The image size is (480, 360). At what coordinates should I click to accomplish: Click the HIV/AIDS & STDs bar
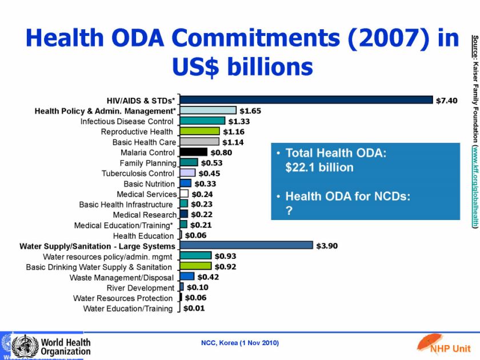(306, 100)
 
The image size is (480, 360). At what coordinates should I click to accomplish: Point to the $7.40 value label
(447, 100)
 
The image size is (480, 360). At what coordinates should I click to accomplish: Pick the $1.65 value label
(250, 110)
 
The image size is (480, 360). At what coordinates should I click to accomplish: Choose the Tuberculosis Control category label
(138, 173)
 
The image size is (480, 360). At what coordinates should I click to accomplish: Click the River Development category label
(140, 287)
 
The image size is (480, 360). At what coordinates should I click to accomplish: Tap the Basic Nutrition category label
(149, 184)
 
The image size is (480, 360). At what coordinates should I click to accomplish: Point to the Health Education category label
(143, 235)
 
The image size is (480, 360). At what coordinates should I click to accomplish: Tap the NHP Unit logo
(442, 344)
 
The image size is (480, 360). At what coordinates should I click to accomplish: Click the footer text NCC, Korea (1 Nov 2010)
(239, 343)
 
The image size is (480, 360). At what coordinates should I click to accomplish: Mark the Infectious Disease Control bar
(203, 121)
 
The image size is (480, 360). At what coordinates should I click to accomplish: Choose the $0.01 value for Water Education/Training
(194, 309)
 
